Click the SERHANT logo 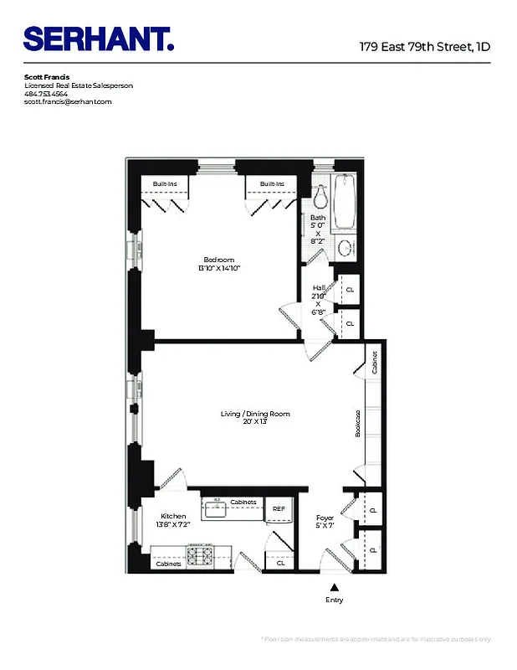click(99, 39)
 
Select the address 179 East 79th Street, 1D click(424, 47)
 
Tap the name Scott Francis click(48, 77)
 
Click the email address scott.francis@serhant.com click(68, 102)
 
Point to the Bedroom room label click(219, 260)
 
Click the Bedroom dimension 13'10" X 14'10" click(219, 269)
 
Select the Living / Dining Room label click(255, 414)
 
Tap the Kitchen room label click(174, 516)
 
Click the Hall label click(319, 287)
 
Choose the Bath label click(318, 218)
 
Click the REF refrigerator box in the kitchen click(277, 508)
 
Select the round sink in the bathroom click(345, 249)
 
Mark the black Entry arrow click(335, 588)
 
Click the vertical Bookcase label click(356, 425)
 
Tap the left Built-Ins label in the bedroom click(164, 184)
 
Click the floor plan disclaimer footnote click(376, 639)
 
